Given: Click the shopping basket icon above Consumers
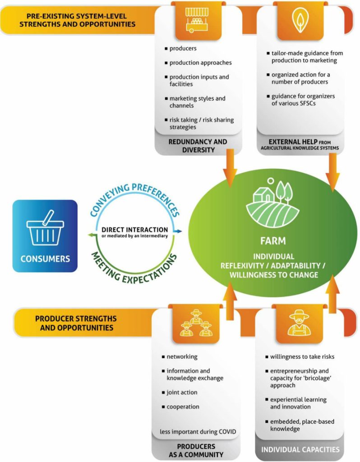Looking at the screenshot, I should pyautogui.click(x=45, y=229).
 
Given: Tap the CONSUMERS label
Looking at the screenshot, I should pyautogui.click(x=45, y=259).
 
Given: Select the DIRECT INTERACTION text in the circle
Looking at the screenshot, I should pyautogui.click(x=134, y=230).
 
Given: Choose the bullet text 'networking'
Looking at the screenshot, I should pyautogui.click(x=182, y=356).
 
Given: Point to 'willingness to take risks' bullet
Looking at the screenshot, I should pyautogui.click(x=302, y=356).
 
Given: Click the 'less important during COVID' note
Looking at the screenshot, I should pyautogui.click(x=198, y=432).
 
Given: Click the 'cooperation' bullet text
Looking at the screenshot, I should pyautogui.click(x=183, y=407).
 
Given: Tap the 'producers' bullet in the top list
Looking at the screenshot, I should pyautogui.click(x=183, y=48).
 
